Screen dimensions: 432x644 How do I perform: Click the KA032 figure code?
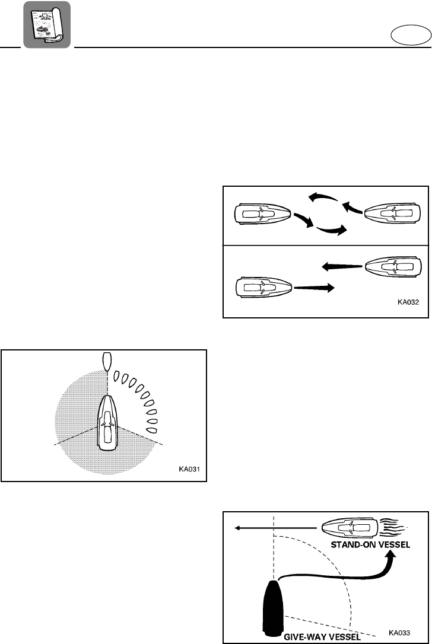pos(408,301)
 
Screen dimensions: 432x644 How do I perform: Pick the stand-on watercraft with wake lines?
pos(350,527)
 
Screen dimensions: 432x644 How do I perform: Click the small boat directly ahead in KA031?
pos(107,361)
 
